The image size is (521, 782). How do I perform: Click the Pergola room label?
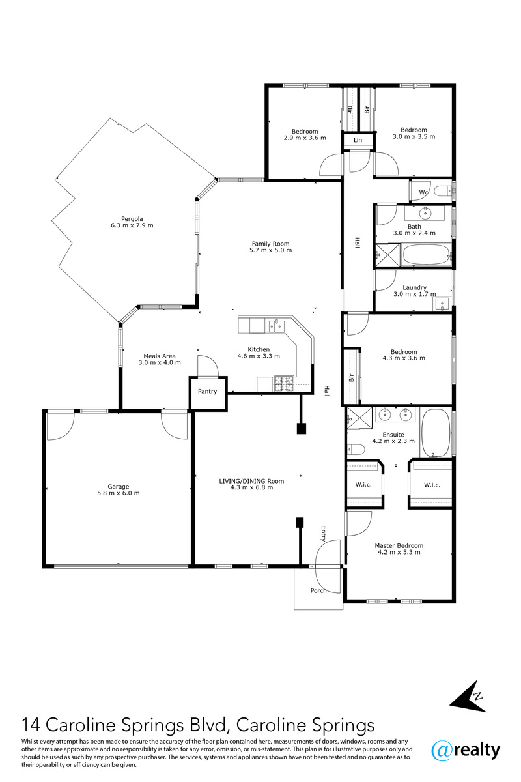point(132,219)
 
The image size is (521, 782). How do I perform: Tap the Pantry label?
point(207,392)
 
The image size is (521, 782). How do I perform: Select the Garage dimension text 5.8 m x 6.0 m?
point(119,493)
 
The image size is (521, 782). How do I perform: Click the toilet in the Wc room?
point(443,192)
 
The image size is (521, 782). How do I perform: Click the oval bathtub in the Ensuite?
point(436,433)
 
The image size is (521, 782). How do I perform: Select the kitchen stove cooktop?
point(284,384)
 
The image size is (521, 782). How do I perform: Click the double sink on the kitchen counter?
point(276,326)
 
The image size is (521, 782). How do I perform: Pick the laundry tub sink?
point(442,304)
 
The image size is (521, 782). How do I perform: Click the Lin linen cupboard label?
point(358,140)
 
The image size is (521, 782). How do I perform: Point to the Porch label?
point(318,590)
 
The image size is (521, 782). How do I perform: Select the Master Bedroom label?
point(399,545)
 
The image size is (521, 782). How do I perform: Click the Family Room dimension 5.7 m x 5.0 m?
point(270,250)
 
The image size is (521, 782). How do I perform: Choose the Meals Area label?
point(160,356)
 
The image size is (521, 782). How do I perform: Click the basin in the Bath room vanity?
point(425,212)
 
